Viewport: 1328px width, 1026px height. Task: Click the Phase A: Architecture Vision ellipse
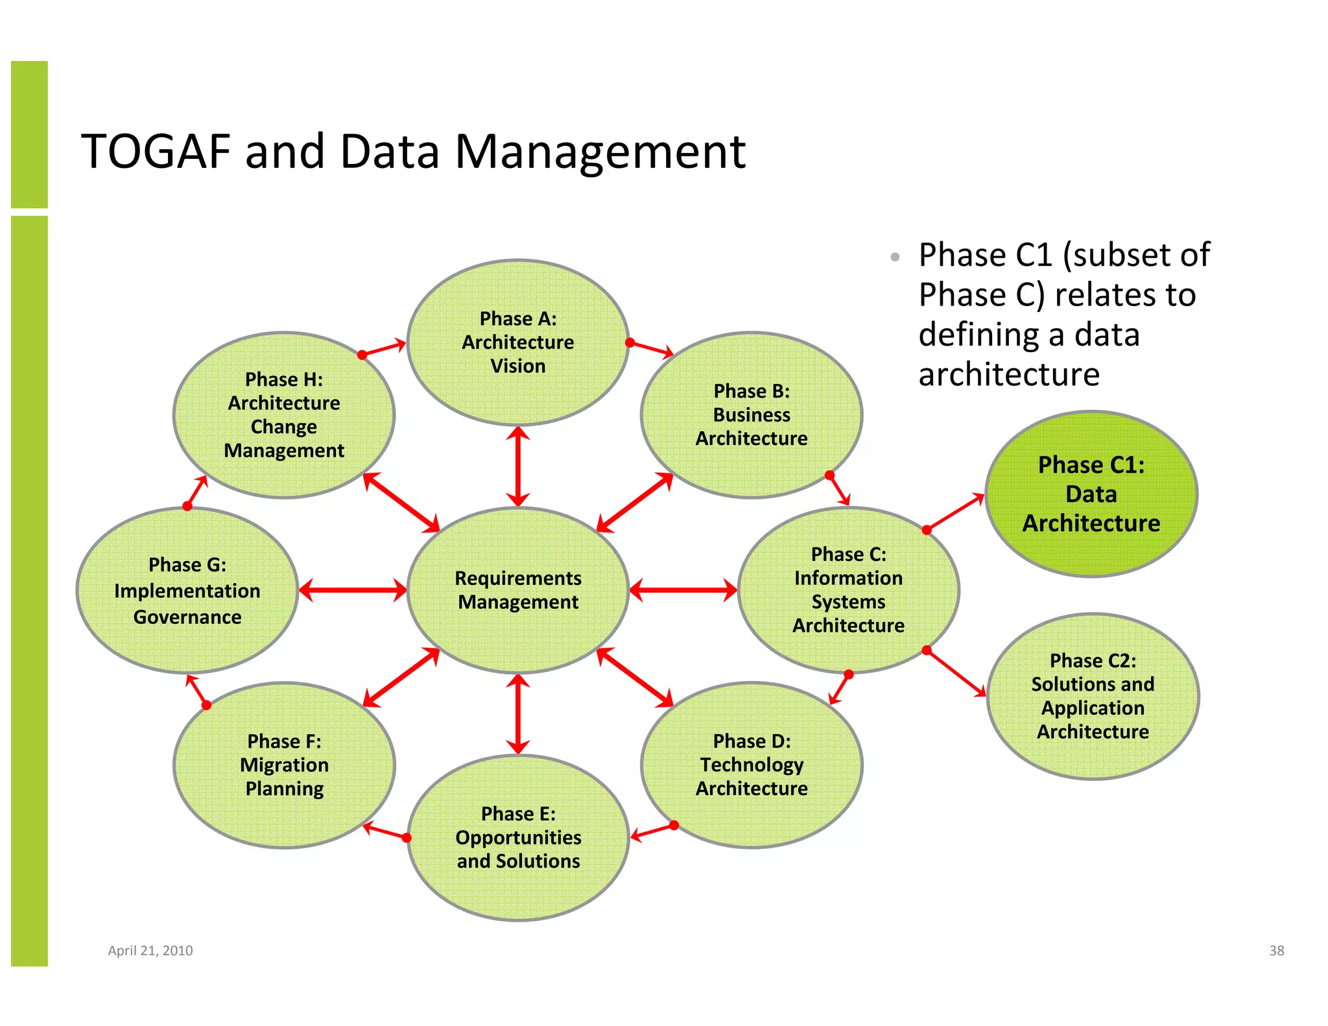pos(517,342)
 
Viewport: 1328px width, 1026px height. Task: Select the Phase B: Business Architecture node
pos(752,415)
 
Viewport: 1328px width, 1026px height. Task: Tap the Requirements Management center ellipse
pos(517,590)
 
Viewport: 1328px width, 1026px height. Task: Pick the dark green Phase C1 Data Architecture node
pos(1091,494)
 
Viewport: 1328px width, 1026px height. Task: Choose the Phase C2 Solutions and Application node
pos(1093,696)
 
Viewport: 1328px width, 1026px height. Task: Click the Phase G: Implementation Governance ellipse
pos(187,590)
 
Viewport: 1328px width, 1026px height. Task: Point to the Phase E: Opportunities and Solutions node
pos(518,837)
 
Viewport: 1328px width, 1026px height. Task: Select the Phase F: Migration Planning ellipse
pos(284,765)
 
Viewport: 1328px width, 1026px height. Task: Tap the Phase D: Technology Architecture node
pos(752,765)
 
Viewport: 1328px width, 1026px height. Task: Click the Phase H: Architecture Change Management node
pos(284,415)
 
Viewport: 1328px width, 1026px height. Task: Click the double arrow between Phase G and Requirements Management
pos(353,590)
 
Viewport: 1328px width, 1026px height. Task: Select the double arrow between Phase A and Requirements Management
pos(517,466)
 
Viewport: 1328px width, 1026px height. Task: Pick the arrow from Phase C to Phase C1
pos(955,512)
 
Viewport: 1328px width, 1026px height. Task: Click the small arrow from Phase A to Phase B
pos(651,349)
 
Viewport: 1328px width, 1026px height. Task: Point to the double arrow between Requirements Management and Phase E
pos(517,714)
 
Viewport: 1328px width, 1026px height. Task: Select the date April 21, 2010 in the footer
pos(150,951)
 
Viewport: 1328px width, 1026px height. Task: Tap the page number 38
pos(1276,951)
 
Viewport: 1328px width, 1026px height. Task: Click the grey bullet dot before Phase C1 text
pos(895,257)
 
